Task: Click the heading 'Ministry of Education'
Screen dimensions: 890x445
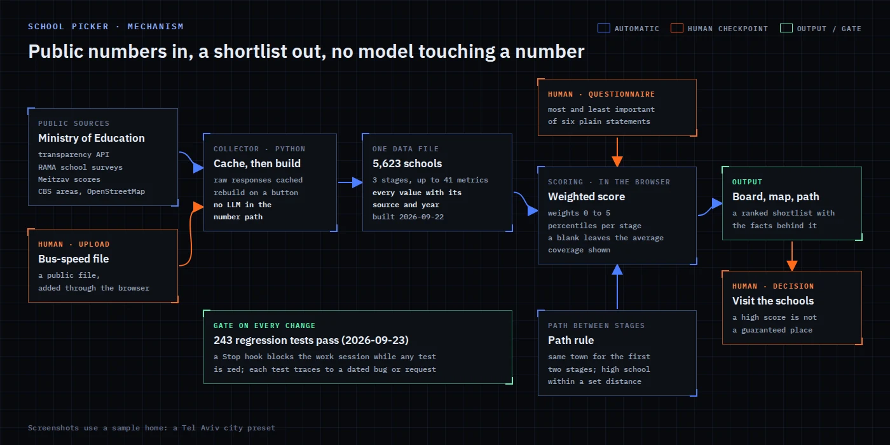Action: pos(92,138)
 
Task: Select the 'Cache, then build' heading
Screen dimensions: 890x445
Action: pos(257,163)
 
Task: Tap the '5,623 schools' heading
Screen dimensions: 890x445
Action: pos(407,163)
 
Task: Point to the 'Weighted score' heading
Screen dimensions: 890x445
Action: pos(586,196)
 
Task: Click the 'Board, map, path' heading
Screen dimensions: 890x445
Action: pos(776,196)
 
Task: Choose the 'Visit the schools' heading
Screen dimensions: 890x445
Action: pos(773,301)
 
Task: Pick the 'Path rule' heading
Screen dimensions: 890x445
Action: pos(571,340)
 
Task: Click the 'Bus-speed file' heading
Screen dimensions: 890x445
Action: pos(74,259)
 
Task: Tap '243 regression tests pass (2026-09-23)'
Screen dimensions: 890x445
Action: pos(311,340)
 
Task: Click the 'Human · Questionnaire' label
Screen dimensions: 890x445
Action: pos(601,94)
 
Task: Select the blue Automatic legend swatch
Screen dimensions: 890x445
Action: pos(603,28)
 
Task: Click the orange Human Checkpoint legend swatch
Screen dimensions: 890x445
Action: pos(676,28)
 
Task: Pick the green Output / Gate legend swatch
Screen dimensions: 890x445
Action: pos(786,28)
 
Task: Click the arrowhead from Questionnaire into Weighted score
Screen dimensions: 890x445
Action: pos(617,161)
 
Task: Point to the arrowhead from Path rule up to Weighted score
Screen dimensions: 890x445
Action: pos(617,270)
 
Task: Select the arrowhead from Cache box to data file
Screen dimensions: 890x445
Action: pos(357,182)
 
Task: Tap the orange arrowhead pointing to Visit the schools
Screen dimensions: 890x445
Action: pos(792,266)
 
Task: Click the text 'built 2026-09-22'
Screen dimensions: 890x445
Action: pos(408,217)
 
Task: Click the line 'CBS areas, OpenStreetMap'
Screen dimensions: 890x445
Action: pos(92,191)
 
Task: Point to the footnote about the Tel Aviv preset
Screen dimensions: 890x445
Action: pos(151,428)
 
